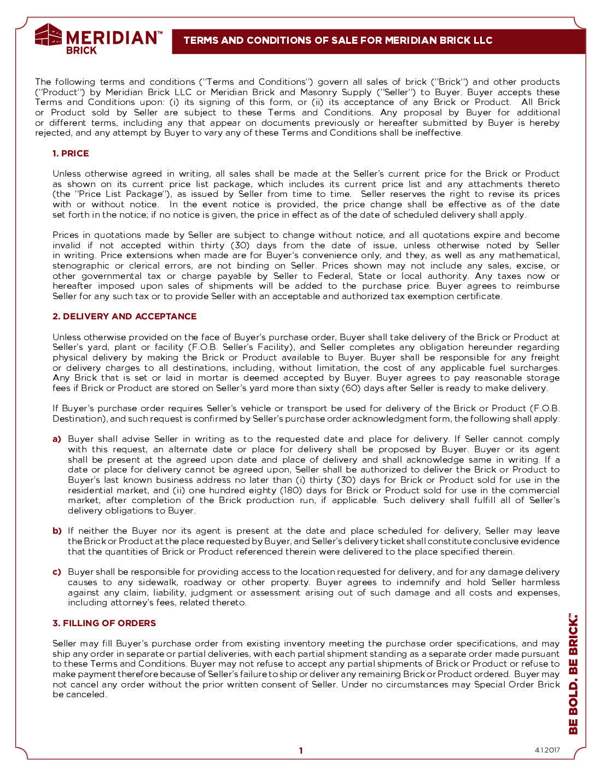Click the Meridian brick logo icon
(48, 34)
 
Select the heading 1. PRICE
(71, 154)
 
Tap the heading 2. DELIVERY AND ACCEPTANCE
(124, 317)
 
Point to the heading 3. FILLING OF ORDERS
(104, 623)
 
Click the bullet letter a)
(57, 439)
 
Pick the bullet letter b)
(57, 531)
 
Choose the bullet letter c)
(57, 572)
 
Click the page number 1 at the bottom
(300, 751)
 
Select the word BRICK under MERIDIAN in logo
(81, 50)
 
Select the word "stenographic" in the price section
(80, 266)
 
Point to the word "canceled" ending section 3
(86, 695)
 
